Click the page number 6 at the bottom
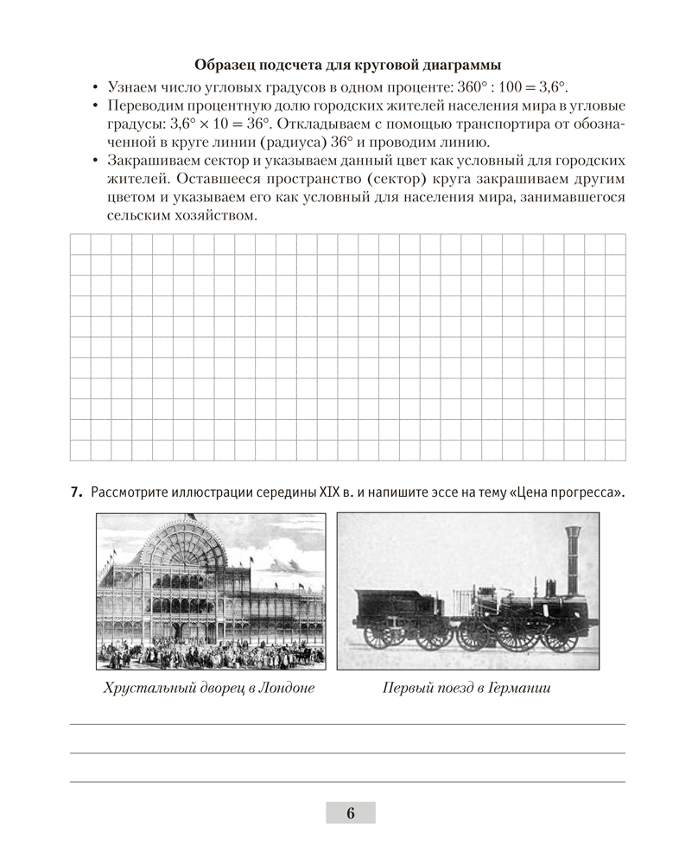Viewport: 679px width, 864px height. [x=350, y=813]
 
